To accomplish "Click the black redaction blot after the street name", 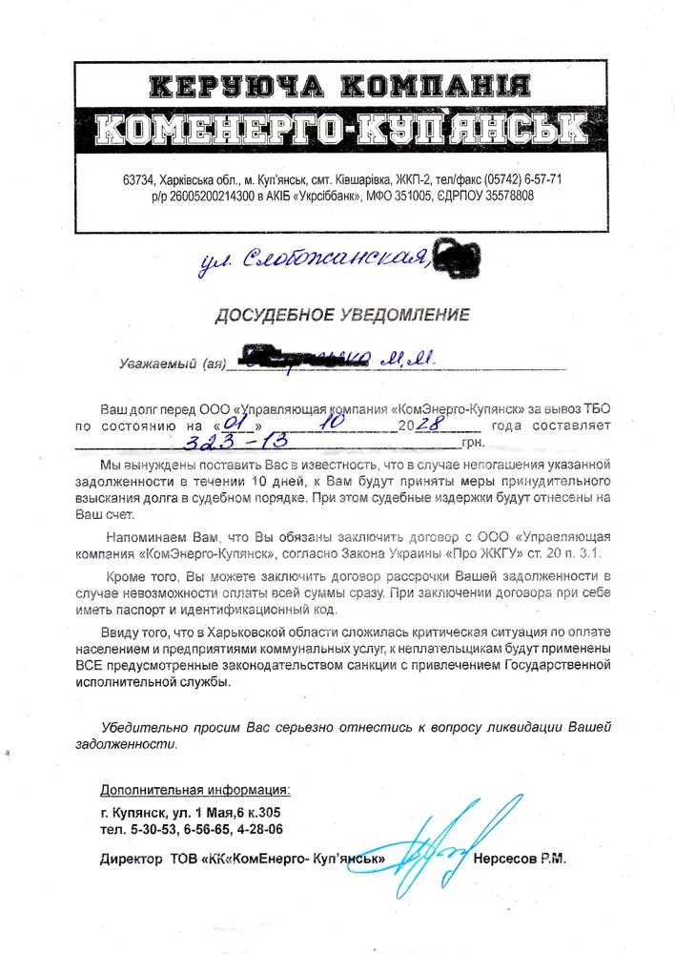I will point(457,254).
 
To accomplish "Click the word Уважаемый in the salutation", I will point(155,363).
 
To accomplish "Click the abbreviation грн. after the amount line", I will point(472,443).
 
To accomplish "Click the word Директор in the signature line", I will point(132,859).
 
